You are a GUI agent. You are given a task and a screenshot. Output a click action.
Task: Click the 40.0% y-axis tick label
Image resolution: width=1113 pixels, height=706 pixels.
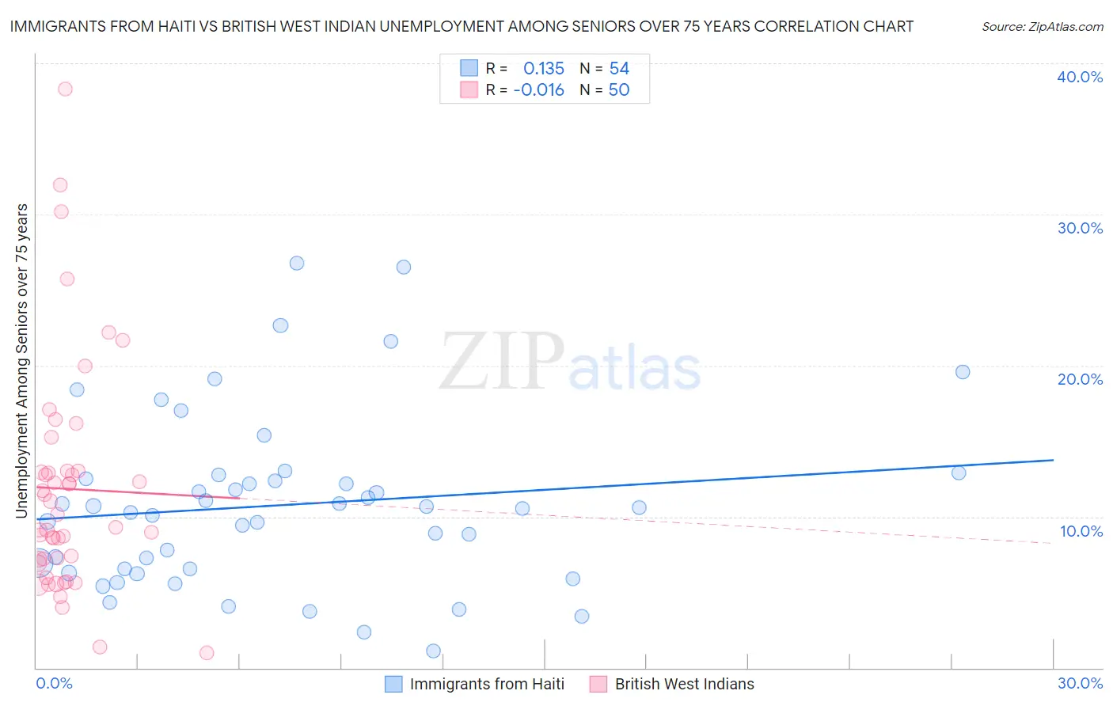click(1080, 77)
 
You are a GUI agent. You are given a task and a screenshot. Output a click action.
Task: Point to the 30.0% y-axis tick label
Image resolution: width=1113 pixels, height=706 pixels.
click(1080, 228)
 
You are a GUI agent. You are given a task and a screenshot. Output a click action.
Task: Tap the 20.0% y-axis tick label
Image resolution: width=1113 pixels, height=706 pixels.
click(1080, 379)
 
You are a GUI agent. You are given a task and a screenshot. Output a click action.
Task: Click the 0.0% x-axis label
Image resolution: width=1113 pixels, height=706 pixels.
click(54, 683)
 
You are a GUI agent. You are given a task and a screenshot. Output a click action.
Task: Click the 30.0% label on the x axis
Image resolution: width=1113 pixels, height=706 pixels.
click(1080, 683)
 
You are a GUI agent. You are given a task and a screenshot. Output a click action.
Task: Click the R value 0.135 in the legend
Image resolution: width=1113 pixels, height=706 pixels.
click(544, 69)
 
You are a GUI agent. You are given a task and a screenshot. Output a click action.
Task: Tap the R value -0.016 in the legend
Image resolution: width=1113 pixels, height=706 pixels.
click(539, 90)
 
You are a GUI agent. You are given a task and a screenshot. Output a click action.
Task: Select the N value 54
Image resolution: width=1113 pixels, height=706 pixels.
click(619, 69)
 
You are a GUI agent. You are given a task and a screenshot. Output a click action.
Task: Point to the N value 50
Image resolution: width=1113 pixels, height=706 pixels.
click(619, 90)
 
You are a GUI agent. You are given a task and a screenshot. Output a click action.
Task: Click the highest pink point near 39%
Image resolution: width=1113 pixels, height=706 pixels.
click(65, 89)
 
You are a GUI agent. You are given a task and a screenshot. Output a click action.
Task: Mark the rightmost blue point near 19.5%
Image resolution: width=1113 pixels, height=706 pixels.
click(963, 372)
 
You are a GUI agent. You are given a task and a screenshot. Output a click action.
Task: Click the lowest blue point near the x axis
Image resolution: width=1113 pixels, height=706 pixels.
click(433, 651)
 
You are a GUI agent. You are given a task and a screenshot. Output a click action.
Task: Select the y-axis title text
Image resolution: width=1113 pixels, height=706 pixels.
click(22, 361)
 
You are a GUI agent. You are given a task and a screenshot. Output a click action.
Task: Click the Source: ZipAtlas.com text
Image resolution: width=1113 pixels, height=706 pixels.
click(1042, 27)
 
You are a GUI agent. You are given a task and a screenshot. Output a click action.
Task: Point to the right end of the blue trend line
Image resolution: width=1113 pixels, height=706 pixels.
click(1053, 460)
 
